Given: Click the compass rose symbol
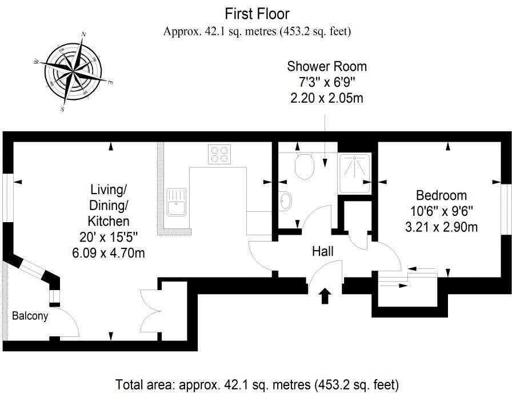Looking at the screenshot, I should click(x=73, y=71).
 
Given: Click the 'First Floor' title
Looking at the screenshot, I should click(x=257, y=13).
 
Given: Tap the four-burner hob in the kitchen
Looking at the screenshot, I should click(x=220, y=154).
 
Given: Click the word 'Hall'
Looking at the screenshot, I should click(x=323, y=251).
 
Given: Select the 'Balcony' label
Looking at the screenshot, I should click(x=30, y=315).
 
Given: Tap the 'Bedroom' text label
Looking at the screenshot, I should click(x=441, y=195).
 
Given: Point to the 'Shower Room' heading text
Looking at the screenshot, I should click(x=326, y=66).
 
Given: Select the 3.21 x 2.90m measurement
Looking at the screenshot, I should click(x=441, y=227).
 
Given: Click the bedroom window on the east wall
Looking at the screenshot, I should click(x=506, y=208).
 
